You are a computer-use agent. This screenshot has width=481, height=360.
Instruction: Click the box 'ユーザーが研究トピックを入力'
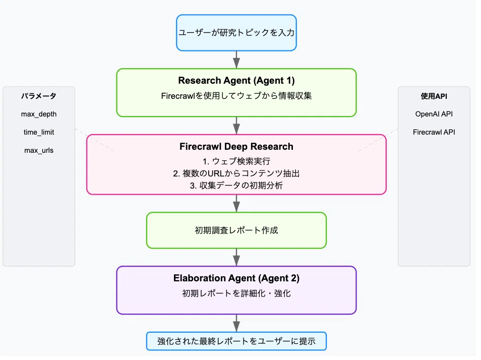236,33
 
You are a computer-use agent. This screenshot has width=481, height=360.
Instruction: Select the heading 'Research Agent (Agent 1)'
236,81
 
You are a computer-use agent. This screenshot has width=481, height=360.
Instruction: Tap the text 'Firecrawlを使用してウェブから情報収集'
236,96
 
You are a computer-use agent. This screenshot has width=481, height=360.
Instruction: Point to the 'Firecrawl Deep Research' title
236,147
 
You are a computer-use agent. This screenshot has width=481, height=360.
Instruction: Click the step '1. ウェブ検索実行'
236,161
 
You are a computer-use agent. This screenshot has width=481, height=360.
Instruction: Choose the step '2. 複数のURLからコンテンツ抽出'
236,173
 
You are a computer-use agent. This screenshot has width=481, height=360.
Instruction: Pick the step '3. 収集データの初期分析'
236,186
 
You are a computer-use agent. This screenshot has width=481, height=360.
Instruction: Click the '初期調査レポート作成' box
236,230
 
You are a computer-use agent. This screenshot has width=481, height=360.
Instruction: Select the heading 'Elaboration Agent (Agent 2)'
236,278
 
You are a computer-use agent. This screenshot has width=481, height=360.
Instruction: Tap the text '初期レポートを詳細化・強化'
236,293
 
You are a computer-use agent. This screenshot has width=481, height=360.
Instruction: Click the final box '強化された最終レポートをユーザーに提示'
236,341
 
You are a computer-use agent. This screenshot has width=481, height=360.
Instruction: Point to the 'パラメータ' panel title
39,96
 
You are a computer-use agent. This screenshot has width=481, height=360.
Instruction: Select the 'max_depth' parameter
39,114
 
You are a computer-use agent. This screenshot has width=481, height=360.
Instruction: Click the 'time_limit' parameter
39,132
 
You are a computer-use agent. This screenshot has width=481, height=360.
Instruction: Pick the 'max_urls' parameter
39,150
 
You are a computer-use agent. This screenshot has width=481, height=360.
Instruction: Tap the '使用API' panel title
434,96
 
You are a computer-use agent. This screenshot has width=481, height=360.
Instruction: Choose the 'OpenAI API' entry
434,114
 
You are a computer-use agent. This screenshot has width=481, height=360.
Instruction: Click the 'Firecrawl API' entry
434,132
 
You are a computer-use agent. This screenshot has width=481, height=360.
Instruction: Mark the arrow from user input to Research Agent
236,60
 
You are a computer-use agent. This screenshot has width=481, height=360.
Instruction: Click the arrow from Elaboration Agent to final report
236,323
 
